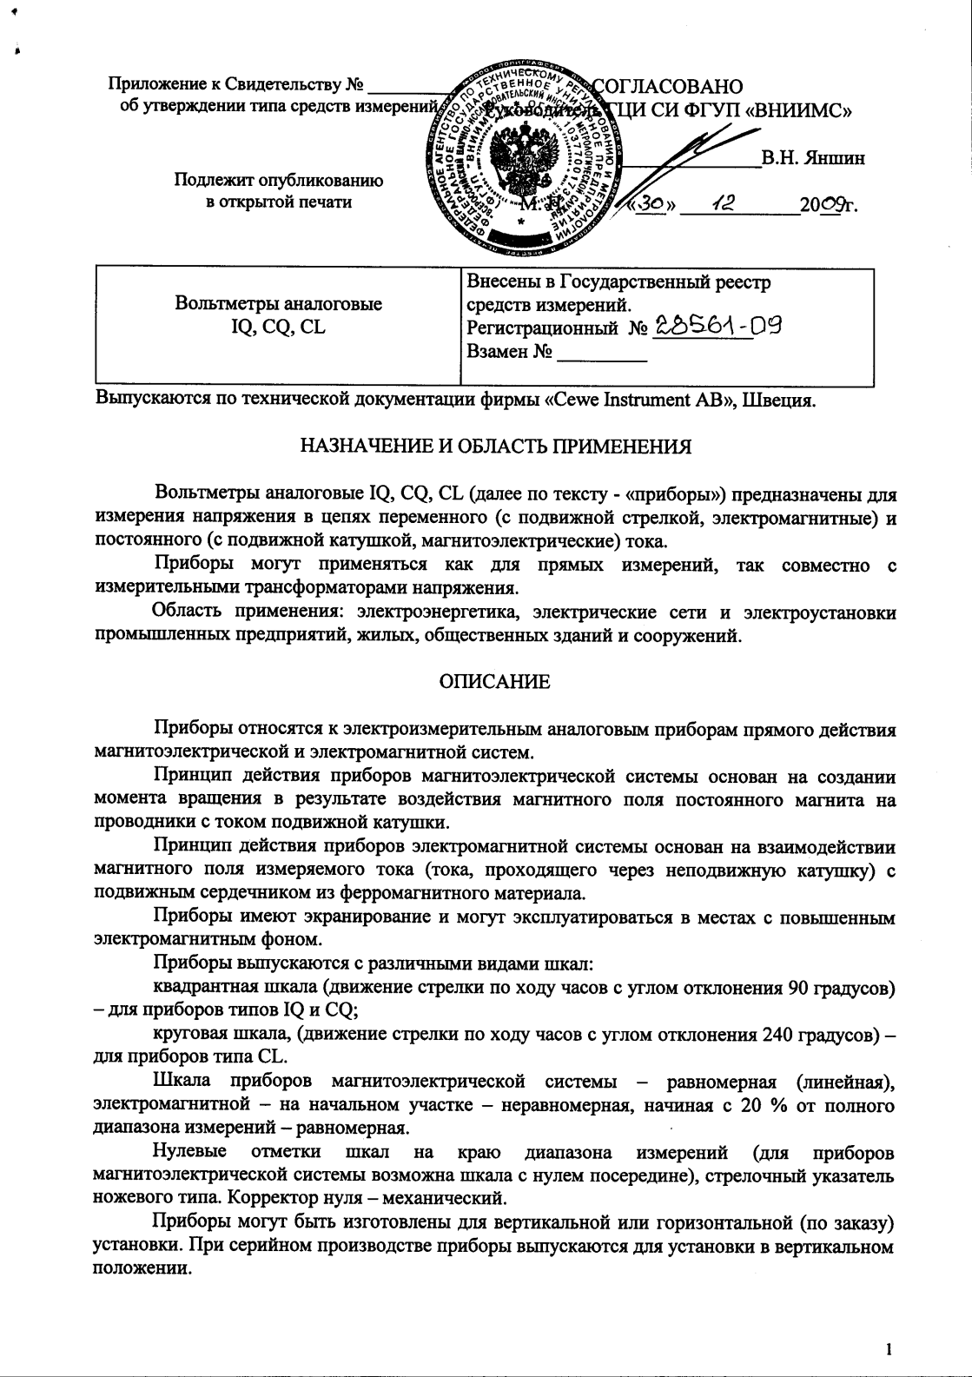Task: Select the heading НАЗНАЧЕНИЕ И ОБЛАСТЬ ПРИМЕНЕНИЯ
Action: click(496, 447)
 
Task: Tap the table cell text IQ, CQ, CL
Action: click(278, 328)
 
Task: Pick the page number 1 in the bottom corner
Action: click(889, 1349)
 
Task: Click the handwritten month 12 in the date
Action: click(724, 203)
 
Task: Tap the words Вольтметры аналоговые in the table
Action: click(278, 304)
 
